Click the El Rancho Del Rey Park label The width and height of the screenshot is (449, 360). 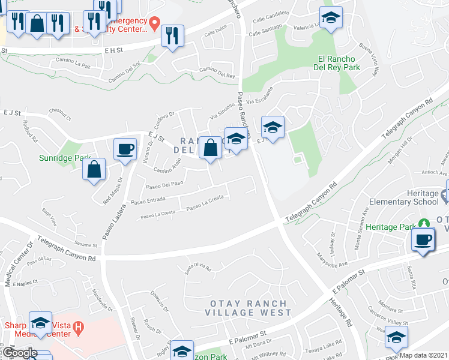pos(338,64)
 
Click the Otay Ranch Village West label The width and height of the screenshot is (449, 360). pos(248,308)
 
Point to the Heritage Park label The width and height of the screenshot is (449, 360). pos(390,227)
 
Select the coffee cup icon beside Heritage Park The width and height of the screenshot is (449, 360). pos(423,240)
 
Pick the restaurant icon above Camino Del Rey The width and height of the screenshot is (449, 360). pos(172,36)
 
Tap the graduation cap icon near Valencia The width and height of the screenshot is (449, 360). pos(330,18)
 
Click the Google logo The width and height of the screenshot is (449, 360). pos(20,353)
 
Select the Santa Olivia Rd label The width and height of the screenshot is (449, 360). pos(198,269)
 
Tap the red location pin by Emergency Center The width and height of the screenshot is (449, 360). pos(155,24)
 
